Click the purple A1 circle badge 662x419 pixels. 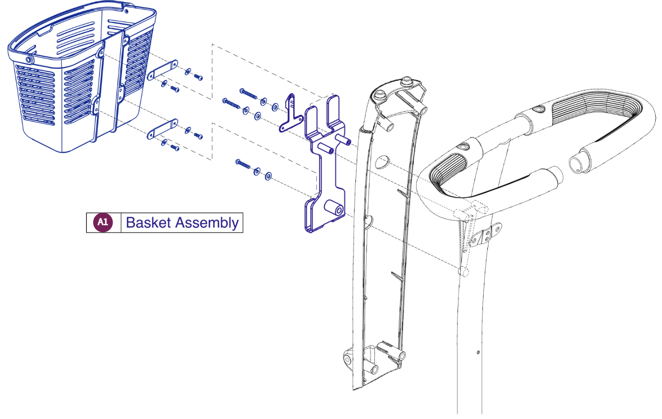tap(103, 222)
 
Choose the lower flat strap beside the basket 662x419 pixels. tap(162, 129)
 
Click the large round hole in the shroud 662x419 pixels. tap(382, 162)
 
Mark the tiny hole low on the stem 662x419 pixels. tap(478, 352)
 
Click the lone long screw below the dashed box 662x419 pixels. tap(243, 164)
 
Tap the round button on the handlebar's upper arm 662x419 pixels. tap(538, 110)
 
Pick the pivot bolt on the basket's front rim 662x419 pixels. tap(28, 59)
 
